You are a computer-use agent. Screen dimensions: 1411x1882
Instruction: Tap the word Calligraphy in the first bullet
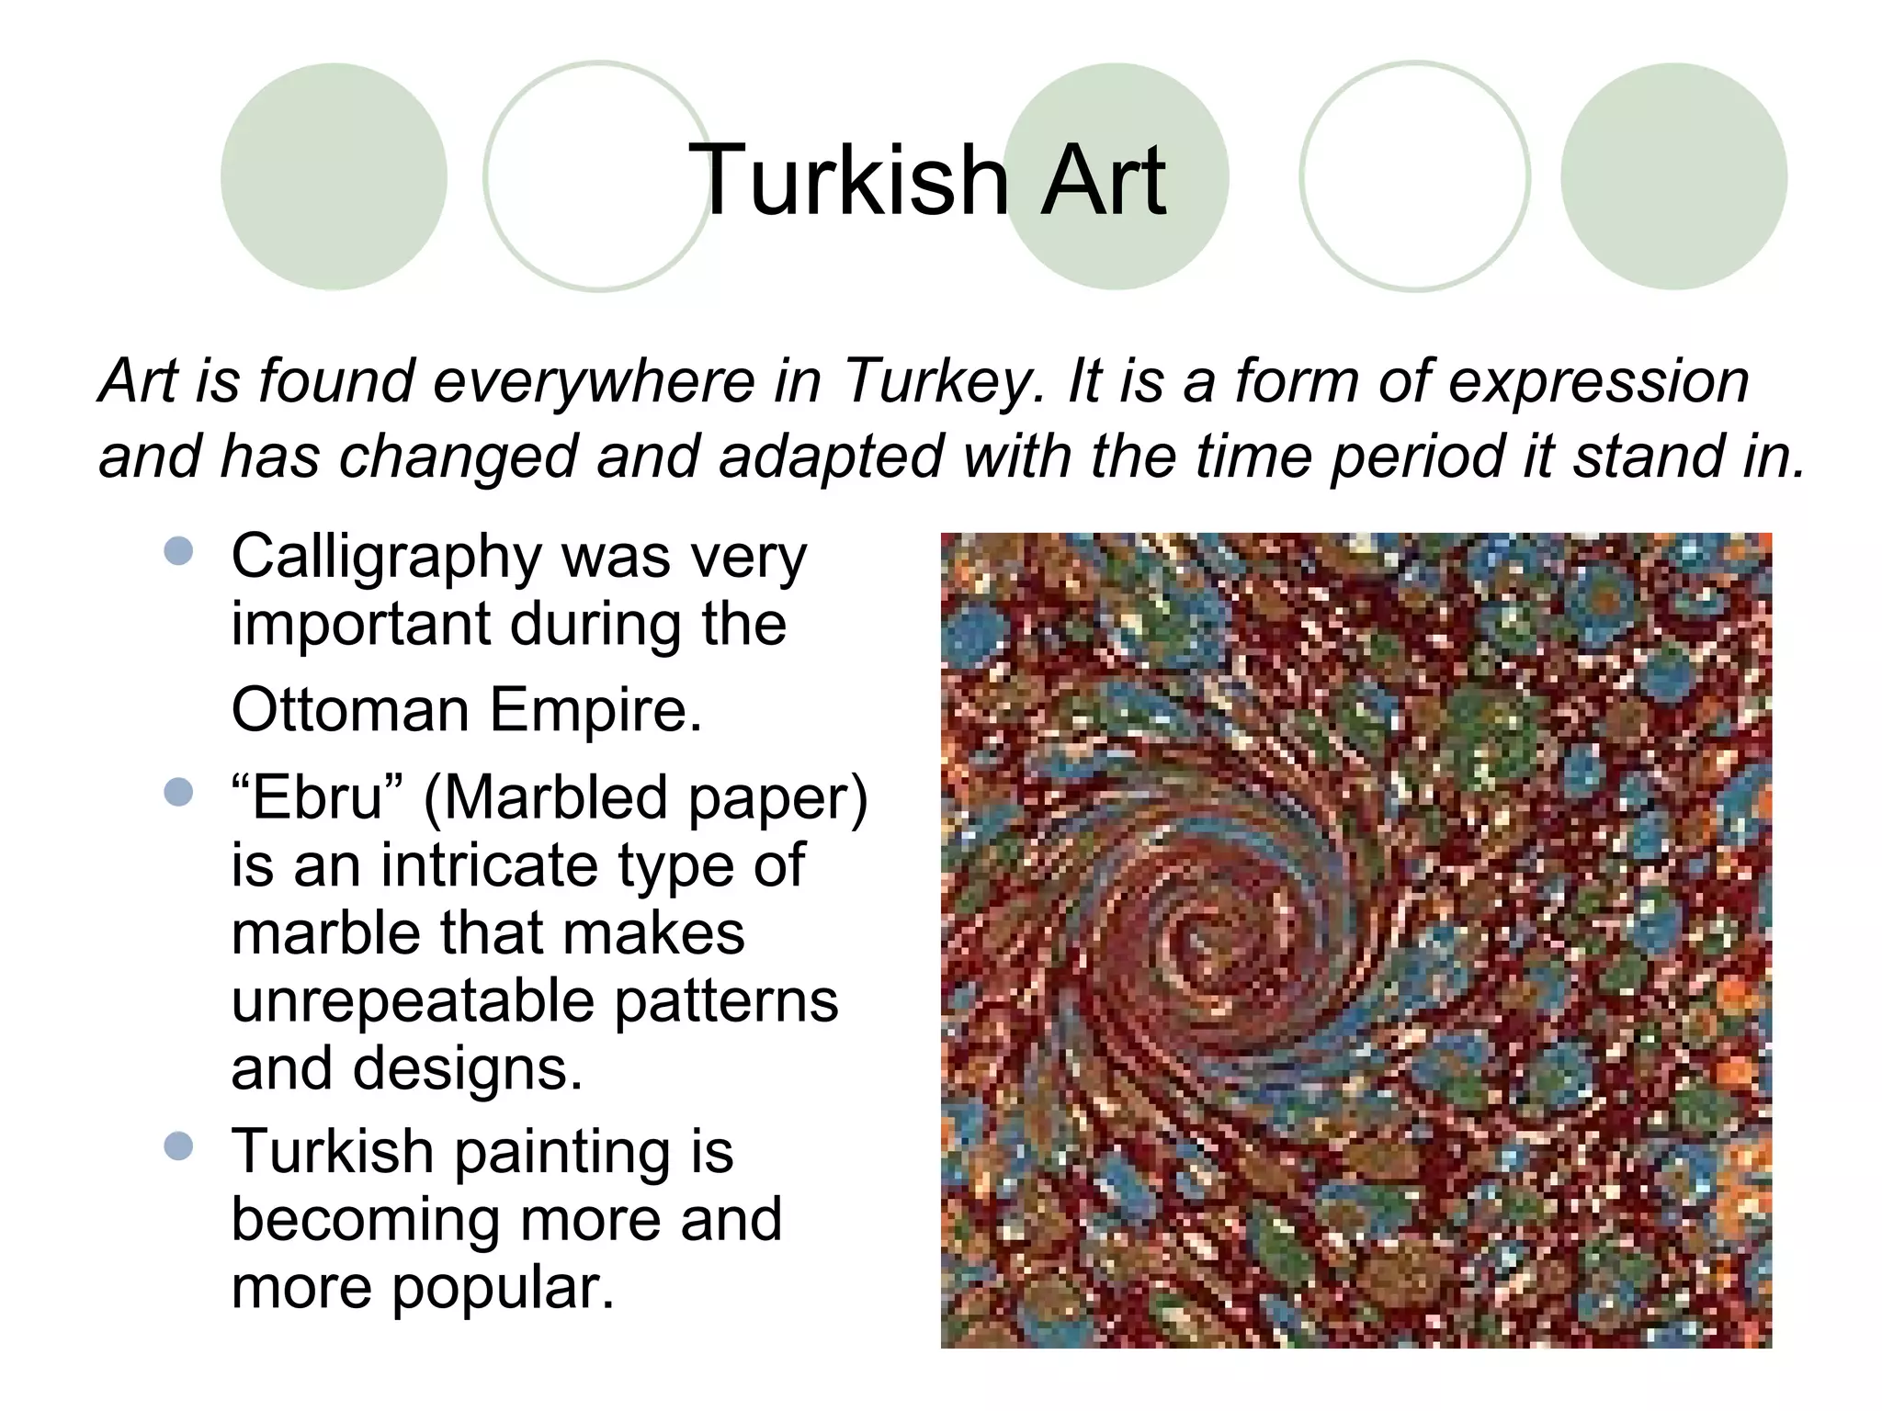(387, 559)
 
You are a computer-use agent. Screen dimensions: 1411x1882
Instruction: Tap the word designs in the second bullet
(468, 1068)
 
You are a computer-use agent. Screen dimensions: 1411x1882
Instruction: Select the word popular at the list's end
(502, 1287)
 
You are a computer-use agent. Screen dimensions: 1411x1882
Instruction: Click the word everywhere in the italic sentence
(594, 381)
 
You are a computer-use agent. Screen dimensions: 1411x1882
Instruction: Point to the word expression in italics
(1598, 381)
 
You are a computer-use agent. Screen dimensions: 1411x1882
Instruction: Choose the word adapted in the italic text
(831, 457)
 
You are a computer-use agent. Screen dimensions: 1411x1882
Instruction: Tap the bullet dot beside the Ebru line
(179, 791)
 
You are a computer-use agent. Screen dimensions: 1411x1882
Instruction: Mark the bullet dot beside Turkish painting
(179, 1146)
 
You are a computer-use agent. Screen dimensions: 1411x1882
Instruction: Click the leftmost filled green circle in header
(334, 176)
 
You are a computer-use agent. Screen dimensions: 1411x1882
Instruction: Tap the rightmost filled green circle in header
(1673, 176)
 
